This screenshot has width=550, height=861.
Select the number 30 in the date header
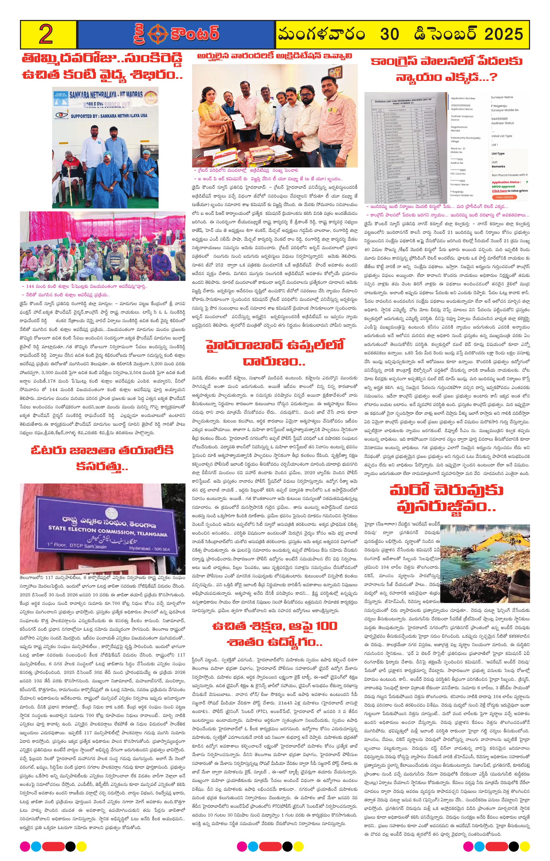pyautogui.click(x=390, y=35)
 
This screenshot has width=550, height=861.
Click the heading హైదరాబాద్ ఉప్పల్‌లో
pyautogui.click(x=274, y=345)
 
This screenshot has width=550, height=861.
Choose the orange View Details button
pyautogui.click(x=504, y=197)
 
